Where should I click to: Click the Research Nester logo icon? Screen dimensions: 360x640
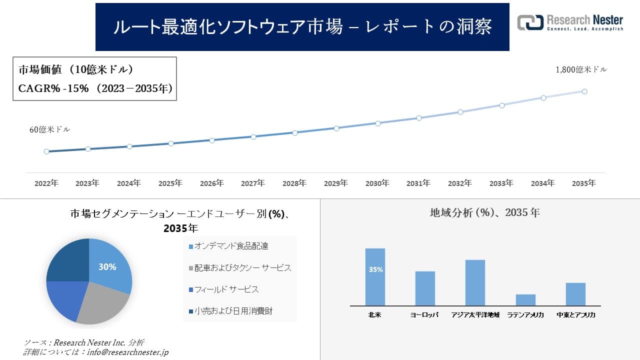[530, 22]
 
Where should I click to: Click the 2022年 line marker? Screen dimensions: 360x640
[46, 151]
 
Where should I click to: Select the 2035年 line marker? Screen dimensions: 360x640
[584, 91]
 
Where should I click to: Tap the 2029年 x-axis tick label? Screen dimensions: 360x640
[336, 183]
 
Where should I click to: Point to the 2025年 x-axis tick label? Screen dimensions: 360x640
[170, 183]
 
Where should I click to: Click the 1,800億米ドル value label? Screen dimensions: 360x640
[581, 70]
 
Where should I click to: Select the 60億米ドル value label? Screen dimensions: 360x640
[50, 129]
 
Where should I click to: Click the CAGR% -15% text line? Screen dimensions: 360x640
[95, 88]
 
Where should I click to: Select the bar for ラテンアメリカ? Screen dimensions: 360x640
[525, 300]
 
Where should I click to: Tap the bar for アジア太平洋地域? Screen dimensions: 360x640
[475, 282]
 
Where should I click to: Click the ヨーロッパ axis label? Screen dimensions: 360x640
[425, 315]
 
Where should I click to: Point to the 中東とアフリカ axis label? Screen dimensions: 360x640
[576, 315]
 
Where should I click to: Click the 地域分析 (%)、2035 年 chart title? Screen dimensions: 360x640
[485, 212]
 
